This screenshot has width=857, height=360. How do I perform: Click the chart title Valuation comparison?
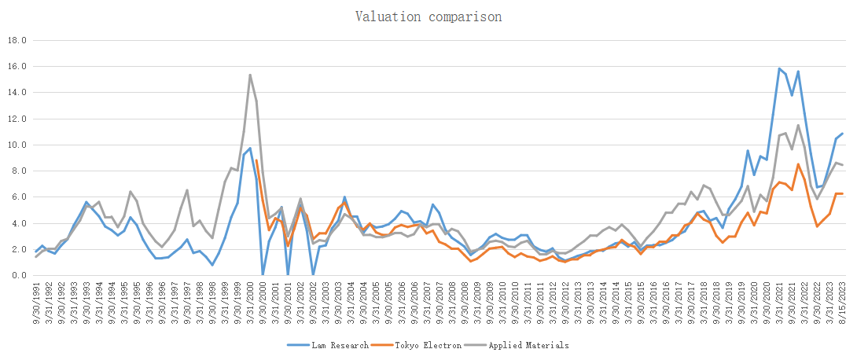coord(428,17)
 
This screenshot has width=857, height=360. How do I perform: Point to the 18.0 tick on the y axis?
coord(17,40)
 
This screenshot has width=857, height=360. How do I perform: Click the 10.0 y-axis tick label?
coord(17,145)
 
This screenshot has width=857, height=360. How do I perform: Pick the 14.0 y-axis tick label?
coord(17,93)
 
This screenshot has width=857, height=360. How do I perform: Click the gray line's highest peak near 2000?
coord(250,75)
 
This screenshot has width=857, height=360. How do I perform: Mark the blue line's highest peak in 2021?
coord(779,68)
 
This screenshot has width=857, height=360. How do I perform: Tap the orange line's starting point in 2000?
coord(256,160)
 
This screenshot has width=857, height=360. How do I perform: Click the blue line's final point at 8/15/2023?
coord(843,134)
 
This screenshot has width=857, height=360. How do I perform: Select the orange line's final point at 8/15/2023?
coord(843,193)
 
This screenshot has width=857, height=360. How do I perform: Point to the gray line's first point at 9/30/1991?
coord(36,257)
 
